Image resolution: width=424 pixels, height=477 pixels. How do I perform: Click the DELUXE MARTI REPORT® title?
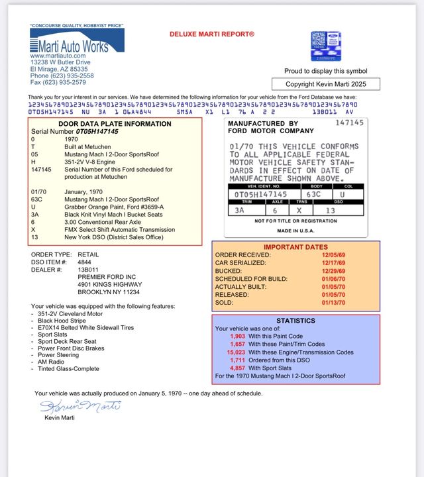pos(212,33)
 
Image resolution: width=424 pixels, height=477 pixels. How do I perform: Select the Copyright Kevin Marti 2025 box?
pos(326,84)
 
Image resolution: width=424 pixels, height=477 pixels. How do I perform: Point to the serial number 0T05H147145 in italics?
pos(97,131)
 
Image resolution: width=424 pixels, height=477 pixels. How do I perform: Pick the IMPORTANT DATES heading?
pos(295,246)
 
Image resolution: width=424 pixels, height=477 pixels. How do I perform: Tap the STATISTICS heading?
pos(295,321)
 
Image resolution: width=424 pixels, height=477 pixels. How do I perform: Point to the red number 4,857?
pos(237,368)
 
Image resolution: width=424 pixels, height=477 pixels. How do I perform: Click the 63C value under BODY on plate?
pos(313,194)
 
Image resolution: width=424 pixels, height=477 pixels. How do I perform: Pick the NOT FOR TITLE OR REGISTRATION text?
pos(295,221)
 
